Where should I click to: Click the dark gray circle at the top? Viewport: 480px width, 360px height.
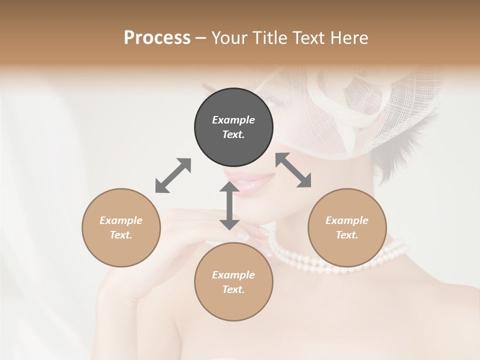point(233,127)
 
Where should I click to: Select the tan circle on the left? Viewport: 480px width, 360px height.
point(121,227)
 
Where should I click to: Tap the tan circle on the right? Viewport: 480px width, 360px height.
point(347,227)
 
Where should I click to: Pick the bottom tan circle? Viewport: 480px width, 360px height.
point(233,282)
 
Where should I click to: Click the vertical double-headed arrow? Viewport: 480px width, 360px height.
point(229,205)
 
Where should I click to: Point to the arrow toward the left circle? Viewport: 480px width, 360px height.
point(173,175)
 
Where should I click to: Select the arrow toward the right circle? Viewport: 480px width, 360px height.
point(293,170)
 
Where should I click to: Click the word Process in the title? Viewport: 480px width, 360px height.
point(157,37)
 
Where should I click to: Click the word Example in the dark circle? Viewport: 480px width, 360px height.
point(233,120)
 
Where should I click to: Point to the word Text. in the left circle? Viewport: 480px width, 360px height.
point(121,235)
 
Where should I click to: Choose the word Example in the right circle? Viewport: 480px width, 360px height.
point(347,220)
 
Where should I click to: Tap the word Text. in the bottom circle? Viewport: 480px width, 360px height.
point(233,289)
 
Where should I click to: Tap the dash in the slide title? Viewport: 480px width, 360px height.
point(200,38)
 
